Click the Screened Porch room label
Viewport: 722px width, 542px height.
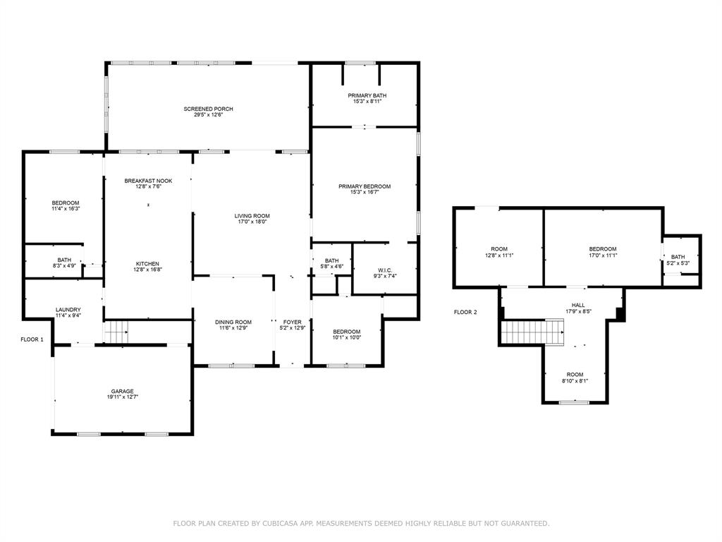208,109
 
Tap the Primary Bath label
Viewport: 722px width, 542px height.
367,95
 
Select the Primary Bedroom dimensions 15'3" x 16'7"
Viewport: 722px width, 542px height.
364,193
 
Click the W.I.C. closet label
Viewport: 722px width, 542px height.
384,270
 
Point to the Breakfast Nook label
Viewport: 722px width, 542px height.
148,181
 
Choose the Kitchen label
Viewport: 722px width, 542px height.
147,264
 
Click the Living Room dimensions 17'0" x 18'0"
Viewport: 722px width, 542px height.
252,222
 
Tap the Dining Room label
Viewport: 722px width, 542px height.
233,322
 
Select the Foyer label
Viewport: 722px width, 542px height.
292,322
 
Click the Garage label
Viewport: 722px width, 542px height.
122,391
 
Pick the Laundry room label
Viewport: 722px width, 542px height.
68,310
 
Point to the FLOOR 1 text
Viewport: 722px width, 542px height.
32,339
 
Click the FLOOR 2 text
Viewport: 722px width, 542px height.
465,312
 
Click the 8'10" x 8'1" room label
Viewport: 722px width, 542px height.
575,381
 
